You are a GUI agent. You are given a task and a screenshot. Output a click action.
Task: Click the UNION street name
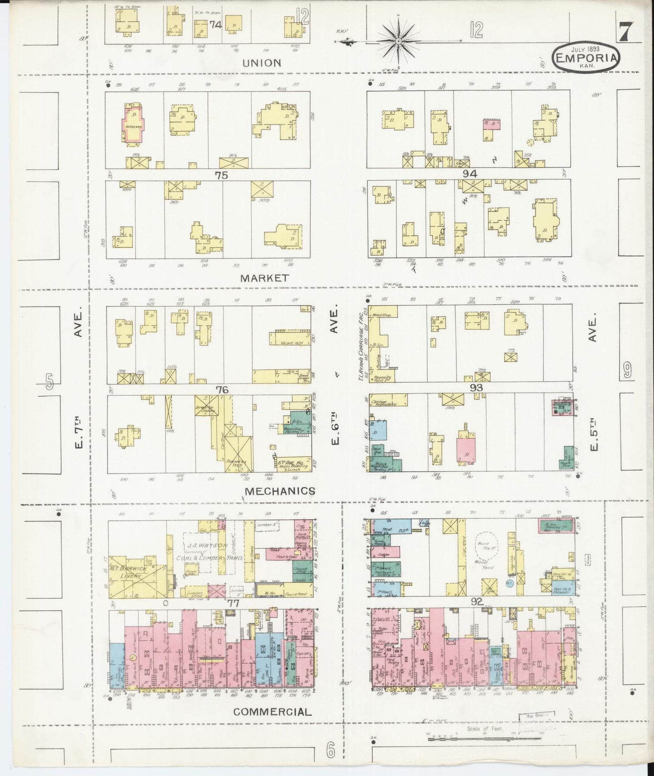tap(262, 63)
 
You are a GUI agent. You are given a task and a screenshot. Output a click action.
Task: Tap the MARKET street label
tap(264, 278)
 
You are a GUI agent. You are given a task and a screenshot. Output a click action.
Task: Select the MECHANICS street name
tap(280, 491)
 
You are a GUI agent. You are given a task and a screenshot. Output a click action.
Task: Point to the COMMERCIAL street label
tap(272, 712)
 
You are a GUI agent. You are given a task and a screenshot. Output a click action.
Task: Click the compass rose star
tap(398, 42)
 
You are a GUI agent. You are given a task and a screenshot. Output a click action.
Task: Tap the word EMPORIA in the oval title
tap(585, 58)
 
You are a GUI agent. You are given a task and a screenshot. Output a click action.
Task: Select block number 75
tap(221, 175)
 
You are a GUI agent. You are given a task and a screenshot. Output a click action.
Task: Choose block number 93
tap(476, 388)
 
